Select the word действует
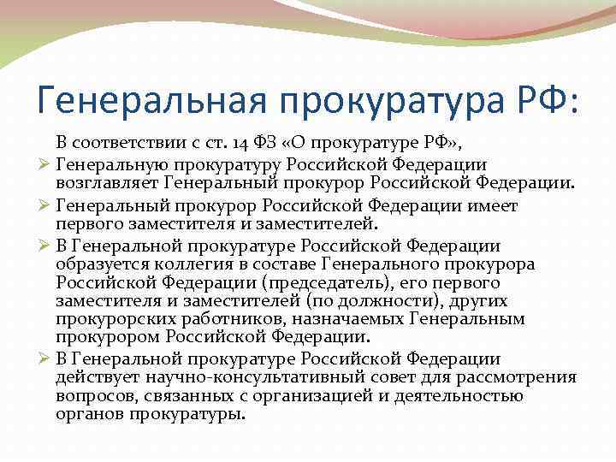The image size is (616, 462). (x=96, y=377)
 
